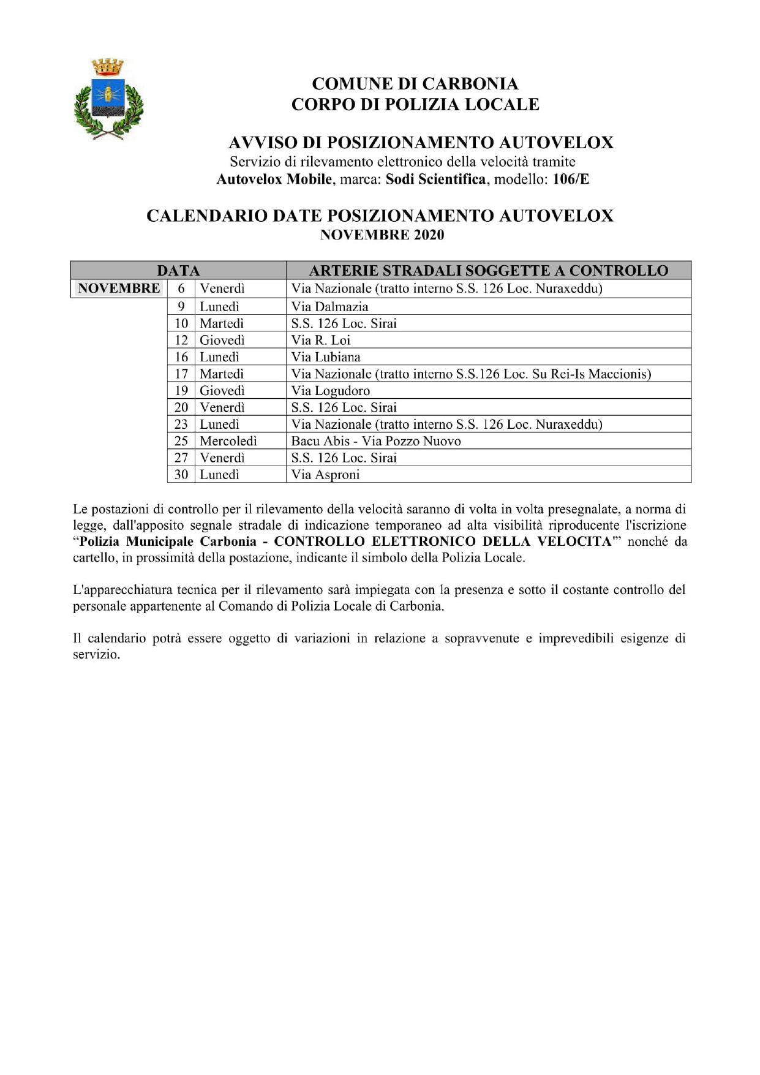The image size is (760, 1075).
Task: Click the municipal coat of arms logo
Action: coord(108,99)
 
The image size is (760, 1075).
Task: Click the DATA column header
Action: coord(178,271)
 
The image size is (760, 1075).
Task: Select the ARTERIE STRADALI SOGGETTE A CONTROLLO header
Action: coord(488,271)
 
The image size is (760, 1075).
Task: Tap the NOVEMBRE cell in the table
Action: coord(119,289)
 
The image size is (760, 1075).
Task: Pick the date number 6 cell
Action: coord(181,289)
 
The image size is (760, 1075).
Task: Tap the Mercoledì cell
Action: coord(228,441)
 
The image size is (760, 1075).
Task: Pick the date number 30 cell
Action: coord(181,475)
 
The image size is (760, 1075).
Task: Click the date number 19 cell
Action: coord(181,391)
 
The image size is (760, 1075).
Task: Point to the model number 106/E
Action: coord(571,179)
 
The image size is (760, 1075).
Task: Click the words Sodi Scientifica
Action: coord(435,179)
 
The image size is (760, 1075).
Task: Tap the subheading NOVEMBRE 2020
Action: coord(382,235)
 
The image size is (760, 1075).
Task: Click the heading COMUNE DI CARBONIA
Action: coord(415,84)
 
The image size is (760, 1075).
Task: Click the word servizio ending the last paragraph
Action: coord(96,654)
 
